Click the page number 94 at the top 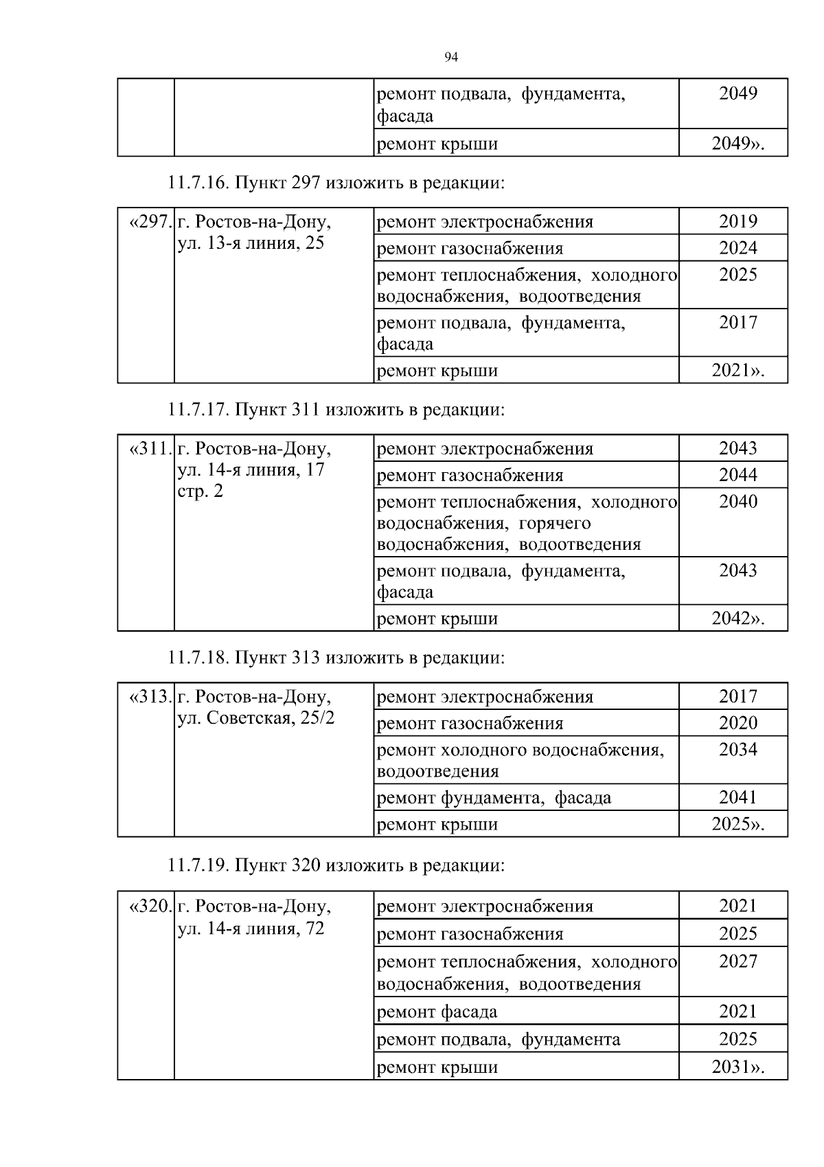point(451,58)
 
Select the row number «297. point(148,222)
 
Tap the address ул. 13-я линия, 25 point(251,243)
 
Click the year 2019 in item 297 point(737,221)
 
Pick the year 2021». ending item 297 point(737,371)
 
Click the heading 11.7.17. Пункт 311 point(336,410)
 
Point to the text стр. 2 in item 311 point(200,492)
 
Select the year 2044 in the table point(737,475)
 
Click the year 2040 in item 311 point(737,502)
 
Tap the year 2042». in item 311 point(737,619)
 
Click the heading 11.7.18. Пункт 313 point(336,658)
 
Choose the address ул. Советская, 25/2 point(256,719)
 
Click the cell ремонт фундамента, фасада point(494,798)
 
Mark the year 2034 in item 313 point(737,750)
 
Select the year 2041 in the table point(737,797)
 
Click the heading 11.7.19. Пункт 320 point(336,865)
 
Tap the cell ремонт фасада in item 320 point(437,1012)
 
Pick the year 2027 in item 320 point(737,962)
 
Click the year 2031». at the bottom point(737,1067)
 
